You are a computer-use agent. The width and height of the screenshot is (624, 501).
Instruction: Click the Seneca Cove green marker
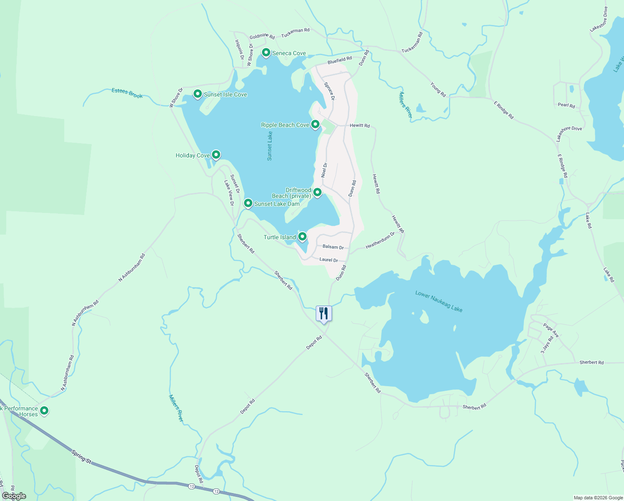pyautogui.click(x=266, y=53)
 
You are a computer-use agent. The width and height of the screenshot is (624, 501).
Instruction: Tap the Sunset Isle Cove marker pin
pyautogui.click(x=198, y=94)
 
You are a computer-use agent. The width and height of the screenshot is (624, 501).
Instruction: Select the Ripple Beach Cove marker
pyautogui.click(x=315, y=124)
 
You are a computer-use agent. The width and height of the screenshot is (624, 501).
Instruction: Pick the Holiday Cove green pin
pyautogui.click(x=216, y=155)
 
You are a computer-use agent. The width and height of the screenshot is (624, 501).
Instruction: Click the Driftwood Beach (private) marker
pyautogui.click(x=317, y=192)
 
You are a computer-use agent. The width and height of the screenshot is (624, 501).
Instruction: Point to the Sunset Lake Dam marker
pyautogui.click(x=248, y=203)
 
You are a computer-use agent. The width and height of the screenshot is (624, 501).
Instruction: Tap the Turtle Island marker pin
pyautogui.click(x=302, y=237)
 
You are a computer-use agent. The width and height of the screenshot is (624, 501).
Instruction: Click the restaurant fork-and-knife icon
pyautogui.click(x=324, y=314)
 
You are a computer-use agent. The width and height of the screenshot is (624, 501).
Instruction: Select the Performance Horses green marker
pyautogui.click(x=44, y=411)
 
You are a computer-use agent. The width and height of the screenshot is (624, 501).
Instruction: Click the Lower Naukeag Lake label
pyautogui.click(x=439, y=301)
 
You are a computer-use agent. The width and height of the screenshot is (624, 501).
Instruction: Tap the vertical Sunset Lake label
pyautogui.click(x=270, y=146)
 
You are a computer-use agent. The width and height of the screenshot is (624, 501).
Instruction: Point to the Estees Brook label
pyautogui.click(x=127, y=93)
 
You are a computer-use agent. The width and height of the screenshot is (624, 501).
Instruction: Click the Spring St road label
pyautogui.click(x=81, y=456)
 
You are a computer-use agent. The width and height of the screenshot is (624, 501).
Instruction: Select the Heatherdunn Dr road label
pyautogui.click(x=380, y=240)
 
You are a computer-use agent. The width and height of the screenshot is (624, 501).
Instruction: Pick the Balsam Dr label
pyautogui.click(x=333, y=247)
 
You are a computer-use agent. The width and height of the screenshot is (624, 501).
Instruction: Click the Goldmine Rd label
pyautogui.click(x=262, y=37)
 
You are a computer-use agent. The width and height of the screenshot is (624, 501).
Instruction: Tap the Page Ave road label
pyautogui.click(x=551, y=330)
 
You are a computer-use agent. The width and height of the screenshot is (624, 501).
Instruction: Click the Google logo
pyautogui.click(x=14, y=496)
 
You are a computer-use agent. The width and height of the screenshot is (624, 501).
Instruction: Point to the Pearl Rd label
pyautogui.click(x=566, y=105)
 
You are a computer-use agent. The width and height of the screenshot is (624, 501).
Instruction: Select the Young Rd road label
pyautogui.click(x=438, y=89)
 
